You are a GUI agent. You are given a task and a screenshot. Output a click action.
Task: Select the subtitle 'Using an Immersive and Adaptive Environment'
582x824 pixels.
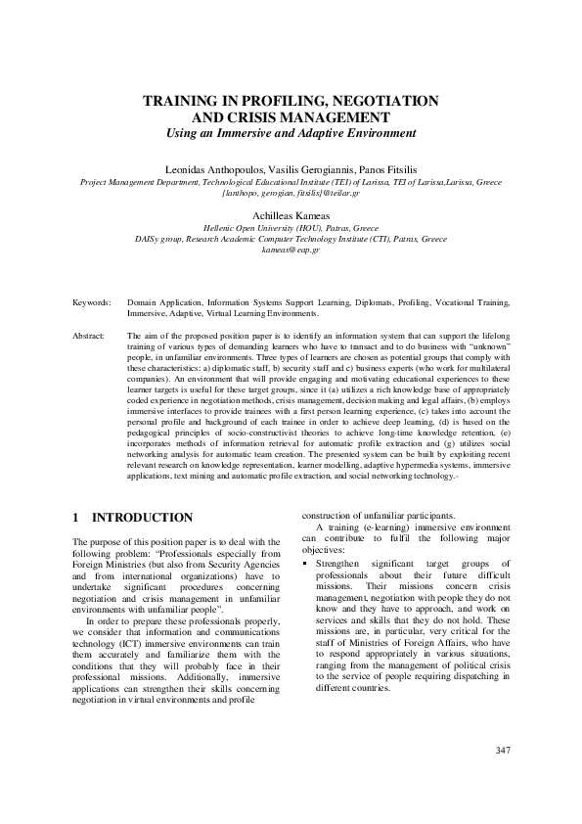click(x=291, y=132)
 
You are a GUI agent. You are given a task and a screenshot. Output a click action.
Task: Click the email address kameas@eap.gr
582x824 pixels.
click(x=291, y=250)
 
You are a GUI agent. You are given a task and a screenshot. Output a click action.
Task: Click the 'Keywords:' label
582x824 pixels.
click(x=92, y=303)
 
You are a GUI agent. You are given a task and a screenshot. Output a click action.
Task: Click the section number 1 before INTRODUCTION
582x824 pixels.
click(x=76, y=517)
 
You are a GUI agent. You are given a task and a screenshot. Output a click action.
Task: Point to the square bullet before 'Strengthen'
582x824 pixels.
click(x=305, y=564)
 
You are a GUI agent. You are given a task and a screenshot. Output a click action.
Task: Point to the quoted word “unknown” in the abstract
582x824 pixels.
click(x=487, y=345)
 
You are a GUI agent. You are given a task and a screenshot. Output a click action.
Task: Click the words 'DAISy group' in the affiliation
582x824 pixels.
click(x=157, y=238)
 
